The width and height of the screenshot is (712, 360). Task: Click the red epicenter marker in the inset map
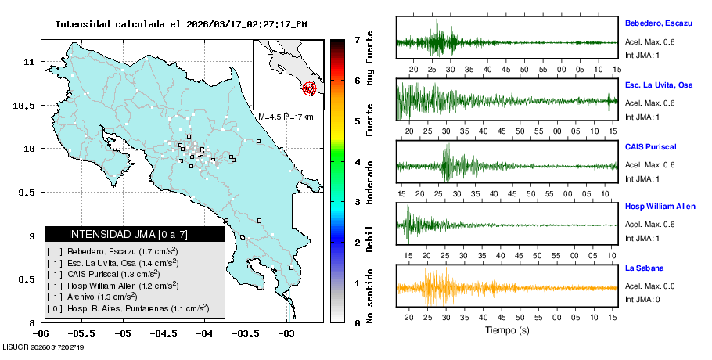[x=309, y=88]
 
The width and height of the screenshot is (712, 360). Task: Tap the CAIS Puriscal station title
[x=650, y=146]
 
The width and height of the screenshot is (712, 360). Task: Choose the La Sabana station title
[x=643, y=268]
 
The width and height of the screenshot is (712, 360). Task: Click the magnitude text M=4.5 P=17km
[x=286, y=117]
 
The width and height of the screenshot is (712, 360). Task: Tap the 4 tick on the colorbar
[x=357, y=161]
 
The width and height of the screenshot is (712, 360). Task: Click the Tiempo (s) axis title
[x=508, y=331]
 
